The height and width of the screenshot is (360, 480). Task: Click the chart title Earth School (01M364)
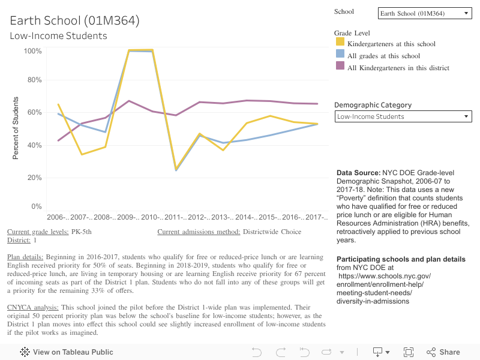pos(74,21)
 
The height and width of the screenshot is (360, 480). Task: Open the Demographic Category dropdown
pos(403,116)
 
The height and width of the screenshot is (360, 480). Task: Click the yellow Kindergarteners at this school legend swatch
pos(340,43)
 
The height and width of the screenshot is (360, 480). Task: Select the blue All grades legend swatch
pos(340,55)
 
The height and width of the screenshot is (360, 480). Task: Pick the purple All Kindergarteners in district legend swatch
pos(340,67)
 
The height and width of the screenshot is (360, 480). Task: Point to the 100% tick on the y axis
pos(32,52)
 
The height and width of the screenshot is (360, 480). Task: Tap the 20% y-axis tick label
pos(34,178)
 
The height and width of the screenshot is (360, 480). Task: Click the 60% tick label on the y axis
pos(34,113)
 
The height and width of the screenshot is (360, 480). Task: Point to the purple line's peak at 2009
pos(129,101)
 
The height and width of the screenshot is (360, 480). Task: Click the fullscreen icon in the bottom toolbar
pos(409,352)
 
